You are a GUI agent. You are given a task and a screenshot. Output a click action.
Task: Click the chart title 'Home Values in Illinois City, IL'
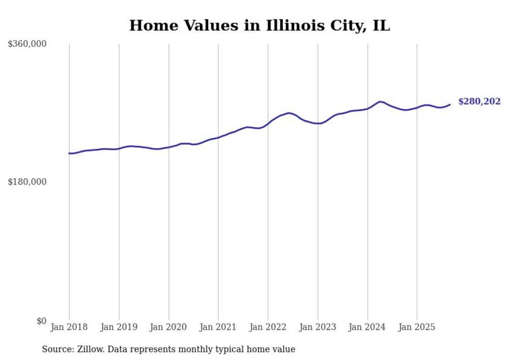(259, 26)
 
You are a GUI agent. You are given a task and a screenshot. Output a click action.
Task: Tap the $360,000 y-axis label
(27, 44)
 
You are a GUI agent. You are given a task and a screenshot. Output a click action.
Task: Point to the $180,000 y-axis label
(27, 182)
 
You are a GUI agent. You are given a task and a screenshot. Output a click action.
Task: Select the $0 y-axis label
(41, 321)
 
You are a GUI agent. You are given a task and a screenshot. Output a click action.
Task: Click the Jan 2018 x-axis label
(69, 327)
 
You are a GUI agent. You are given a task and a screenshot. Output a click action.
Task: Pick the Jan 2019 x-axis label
(119, 327)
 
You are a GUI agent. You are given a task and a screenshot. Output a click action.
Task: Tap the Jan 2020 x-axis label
(169, 327)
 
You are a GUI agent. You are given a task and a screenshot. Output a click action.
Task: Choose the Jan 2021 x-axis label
(218, 327)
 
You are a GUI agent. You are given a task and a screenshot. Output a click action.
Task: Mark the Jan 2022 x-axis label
(268, 327)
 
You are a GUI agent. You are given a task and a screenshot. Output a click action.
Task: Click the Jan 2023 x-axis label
(317, 327)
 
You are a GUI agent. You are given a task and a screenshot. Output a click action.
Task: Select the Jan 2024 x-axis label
(367, 327)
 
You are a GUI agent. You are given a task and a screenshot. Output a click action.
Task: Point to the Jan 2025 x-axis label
(417, 327)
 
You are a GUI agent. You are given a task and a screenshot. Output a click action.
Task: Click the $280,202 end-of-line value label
(479, 101)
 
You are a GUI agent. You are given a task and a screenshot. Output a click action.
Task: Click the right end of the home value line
(450, 105)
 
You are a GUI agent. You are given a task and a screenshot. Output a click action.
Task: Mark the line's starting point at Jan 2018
(69, 153)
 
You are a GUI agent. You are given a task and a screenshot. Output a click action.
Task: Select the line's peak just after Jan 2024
(380, 101)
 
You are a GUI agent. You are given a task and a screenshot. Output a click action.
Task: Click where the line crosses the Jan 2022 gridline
(268, 124)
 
